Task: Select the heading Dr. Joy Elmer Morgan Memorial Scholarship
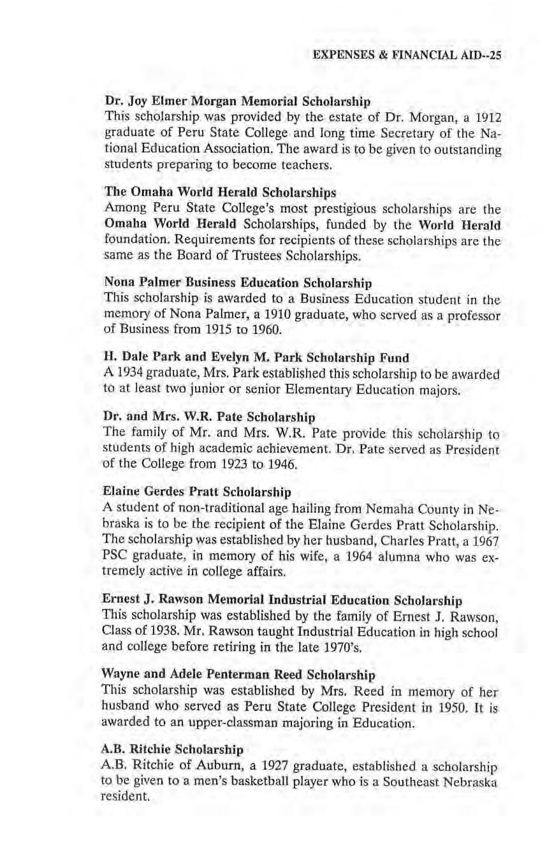(237, 101)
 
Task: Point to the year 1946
(282, 466)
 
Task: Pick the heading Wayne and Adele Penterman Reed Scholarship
(238, 674)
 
